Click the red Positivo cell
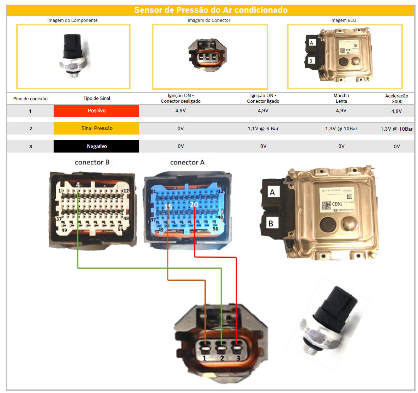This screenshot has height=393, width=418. (96, 111)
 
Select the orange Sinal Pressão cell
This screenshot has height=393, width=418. (96, 129)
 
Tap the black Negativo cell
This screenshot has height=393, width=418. (96, 146)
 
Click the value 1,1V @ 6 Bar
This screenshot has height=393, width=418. (263, 129)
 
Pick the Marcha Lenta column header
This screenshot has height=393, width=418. (341, 98)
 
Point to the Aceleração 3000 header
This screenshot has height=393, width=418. (396, 99)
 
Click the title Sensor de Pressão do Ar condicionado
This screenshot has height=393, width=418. (211, 10)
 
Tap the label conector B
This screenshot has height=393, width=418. (92, 162)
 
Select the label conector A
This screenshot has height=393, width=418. (187, 162)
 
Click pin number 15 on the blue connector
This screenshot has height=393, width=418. (168, 207)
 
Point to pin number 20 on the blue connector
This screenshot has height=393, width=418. (194, 205)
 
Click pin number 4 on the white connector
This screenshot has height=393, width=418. (78, 185)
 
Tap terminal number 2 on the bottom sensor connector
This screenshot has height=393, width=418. (222, 358)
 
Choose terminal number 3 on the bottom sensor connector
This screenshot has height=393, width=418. (238, 358)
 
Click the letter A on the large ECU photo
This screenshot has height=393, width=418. (272, 192)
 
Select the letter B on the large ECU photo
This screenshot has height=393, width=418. (271, 223)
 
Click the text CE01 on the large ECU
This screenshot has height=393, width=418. (337, 204)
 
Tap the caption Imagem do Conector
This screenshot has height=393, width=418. (209, 20)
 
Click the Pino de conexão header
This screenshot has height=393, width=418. (30, 99)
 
